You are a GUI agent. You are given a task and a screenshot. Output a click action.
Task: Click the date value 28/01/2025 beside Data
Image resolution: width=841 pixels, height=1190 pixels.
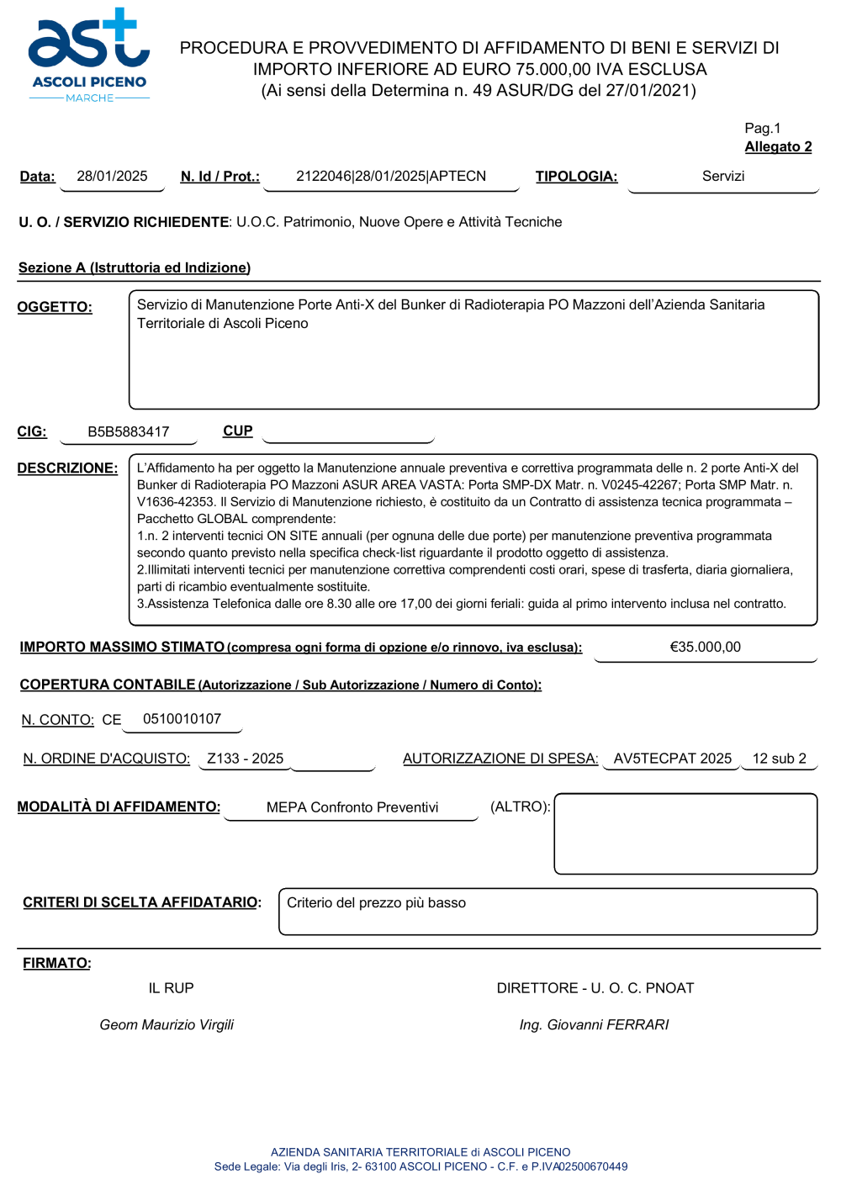pyautogui.click(x=112, y=176)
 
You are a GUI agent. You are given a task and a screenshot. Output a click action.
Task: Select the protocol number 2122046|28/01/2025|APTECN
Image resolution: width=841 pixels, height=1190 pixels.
pyautogui.click(x=391, y=176)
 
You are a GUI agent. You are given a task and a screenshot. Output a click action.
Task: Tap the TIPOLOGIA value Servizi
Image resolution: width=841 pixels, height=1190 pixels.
pyautogui.click(x=723, y=176)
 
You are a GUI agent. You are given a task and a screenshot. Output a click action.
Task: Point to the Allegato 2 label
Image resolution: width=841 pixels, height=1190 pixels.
pyautogui.click(x=778, y=146)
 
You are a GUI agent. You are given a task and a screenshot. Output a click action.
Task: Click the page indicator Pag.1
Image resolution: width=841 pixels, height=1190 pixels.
pyautogui.click(x=762, y=128)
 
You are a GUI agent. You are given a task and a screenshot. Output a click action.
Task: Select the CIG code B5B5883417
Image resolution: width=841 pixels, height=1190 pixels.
pyautogui.click(x=129, y=431)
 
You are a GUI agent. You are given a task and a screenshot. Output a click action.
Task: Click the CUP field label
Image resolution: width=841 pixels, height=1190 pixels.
pyautogui.click(x=238, y=431)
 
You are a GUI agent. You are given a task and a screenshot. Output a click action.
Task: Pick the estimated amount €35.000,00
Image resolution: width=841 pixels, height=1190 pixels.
pyautogui.click(x=705, y=647)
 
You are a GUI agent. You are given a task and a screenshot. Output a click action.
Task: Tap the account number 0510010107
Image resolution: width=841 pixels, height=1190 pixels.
pyautogui.click(x=182, y=719)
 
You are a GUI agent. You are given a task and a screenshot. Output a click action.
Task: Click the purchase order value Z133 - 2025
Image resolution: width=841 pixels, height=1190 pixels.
pyautogui.click(x=246, y=759)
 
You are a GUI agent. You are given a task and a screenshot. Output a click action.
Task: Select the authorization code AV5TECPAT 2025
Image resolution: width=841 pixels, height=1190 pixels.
pyautogui.click(x=673, y=759)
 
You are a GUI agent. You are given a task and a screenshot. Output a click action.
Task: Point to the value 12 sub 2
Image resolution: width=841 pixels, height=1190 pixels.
pyautogui.click(x=779, y=759)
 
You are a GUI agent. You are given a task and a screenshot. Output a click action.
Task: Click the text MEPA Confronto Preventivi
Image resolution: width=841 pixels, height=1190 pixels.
pyautogui.click(x=352, y=807)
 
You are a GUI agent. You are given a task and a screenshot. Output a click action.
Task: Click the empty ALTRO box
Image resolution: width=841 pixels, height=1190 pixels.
pyautogui.click(x=685, y=833)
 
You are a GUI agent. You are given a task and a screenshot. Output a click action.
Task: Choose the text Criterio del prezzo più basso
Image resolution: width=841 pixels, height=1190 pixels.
pyautogui.click(x=376, y=902)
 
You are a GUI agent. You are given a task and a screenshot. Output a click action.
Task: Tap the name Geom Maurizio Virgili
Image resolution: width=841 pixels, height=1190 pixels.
pyautogui.click(x=167, y=1024)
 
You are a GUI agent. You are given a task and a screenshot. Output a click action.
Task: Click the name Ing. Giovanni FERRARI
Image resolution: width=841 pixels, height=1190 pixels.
pyautogui.click(x=594, y=1024)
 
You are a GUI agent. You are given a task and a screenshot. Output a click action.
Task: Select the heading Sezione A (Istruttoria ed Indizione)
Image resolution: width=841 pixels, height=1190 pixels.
pyautogui.click(x=135, y=267)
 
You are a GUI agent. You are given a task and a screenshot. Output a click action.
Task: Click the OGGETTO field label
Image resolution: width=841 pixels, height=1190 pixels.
pyautogui.click(x=55, y=307)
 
